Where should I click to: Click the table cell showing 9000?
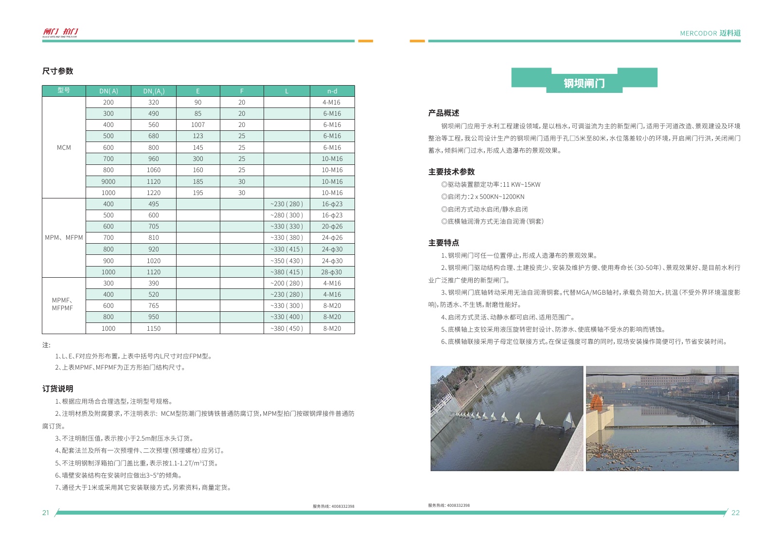tap(108, 181)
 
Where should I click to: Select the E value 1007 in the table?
tap(198, 125)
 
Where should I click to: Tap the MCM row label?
tap(64, 147)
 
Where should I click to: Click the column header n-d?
tap(332, 91)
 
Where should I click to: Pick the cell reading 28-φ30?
tap(332, 272)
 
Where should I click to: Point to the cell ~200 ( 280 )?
tap(286, 284)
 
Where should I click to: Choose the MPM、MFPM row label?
tap(64, 238)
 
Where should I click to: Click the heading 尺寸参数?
tap(57, 71)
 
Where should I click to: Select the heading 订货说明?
tap(57, 389)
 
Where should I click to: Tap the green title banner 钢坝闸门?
tap(584, 83)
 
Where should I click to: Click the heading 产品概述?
tap(444, 113)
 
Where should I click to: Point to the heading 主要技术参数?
tap(451, 172)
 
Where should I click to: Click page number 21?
tap(46, 513)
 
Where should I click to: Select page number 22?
tap(735, 513)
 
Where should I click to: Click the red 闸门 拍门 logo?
tap(60, 32)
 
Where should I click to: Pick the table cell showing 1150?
tap(154, 329)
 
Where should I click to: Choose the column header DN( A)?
tap(108, 91)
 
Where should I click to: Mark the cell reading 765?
tap(154, 306)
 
